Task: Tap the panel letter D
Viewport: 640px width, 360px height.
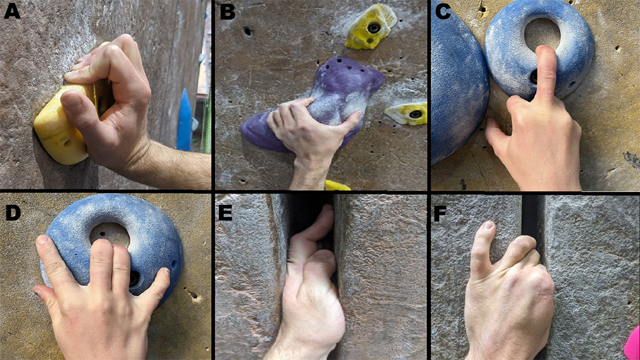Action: click(13, 212)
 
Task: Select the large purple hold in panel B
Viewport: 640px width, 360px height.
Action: click(314, 106)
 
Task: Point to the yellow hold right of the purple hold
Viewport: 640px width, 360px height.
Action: click(406, 114)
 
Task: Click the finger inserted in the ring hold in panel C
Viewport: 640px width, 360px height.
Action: click(546, 74)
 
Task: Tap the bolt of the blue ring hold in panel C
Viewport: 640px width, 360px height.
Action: click(534, 76)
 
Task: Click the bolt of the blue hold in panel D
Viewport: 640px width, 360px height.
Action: click(134, 279)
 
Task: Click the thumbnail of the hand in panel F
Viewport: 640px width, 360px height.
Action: click(488, 226)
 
